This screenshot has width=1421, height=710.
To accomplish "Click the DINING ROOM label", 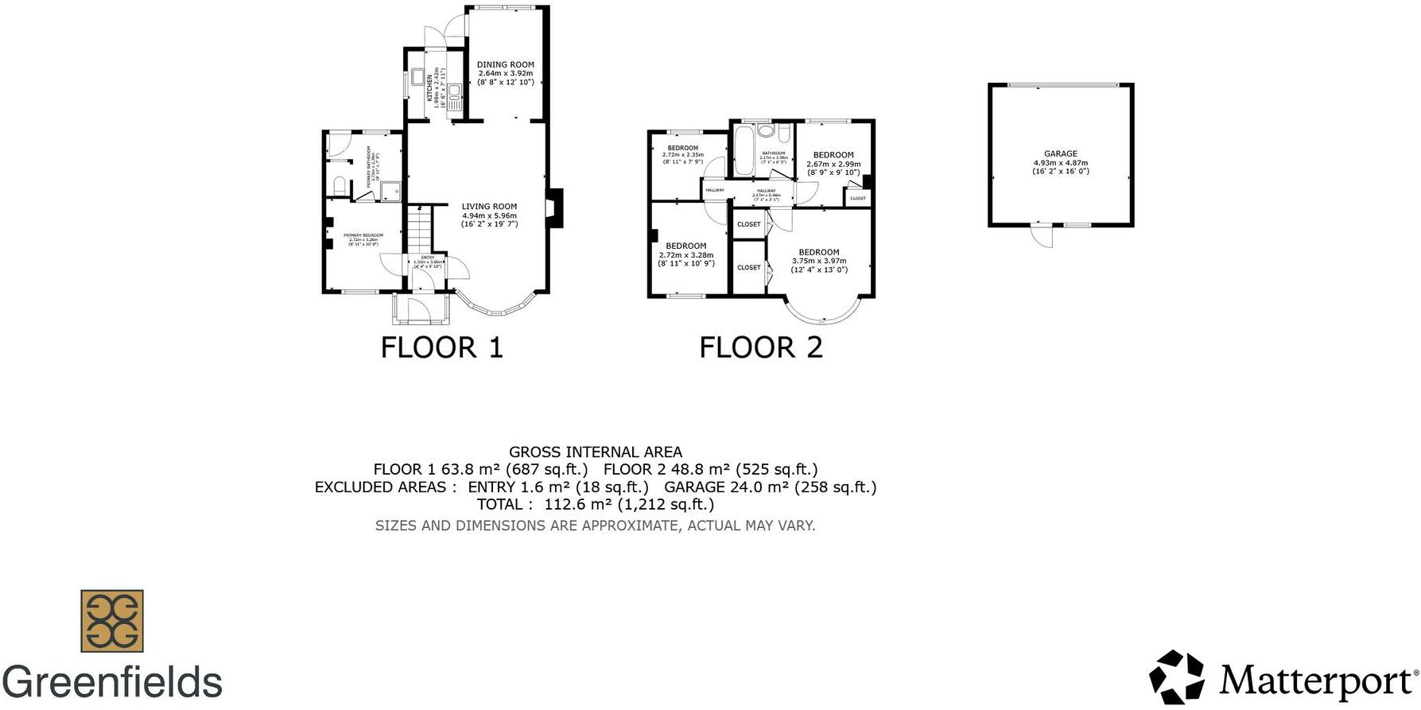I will point(505,64).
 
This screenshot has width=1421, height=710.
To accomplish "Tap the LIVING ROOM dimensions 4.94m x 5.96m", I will point(489,215).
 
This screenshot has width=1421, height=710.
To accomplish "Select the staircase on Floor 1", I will point(418,230).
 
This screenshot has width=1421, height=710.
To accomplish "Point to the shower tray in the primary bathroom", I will point(390,192).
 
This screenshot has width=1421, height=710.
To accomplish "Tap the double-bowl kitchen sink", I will point(456,97).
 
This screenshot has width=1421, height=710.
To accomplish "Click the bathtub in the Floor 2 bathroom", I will point(744,151).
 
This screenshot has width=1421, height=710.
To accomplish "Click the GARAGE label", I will point(1060,153).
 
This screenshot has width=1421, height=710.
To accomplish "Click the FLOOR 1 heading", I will point(442,347).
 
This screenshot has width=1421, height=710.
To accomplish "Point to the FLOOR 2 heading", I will point(761,347).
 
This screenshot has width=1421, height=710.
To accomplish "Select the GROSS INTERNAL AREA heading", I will point(596,452).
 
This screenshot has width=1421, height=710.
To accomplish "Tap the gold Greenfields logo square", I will point(112,621).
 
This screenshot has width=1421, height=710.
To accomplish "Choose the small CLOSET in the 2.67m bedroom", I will point(858,198).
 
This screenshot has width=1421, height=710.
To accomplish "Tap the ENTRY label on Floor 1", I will point(428,258).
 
